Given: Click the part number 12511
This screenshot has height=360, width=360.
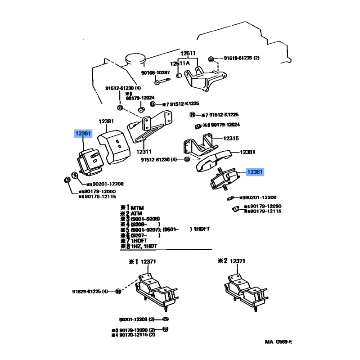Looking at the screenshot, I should (189, 54).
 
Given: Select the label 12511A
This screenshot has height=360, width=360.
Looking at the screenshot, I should (180, 63).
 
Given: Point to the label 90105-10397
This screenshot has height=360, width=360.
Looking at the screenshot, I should (155, 72).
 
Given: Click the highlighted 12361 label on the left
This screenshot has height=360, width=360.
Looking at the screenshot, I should (83, 134).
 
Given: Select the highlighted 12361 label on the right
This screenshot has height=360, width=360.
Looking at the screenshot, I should (254, 172).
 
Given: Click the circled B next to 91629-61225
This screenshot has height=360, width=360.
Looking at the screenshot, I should (118, 292).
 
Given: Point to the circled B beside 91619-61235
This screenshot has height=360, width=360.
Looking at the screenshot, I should (211, 59).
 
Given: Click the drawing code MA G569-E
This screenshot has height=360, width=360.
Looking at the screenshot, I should (278, 342).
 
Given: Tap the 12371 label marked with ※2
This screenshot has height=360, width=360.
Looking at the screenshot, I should (238, 261).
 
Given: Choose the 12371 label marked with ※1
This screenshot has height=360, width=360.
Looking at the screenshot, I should (148, 261).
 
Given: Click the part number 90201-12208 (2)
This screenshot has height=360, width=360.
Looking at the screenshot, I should (137, 319).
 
